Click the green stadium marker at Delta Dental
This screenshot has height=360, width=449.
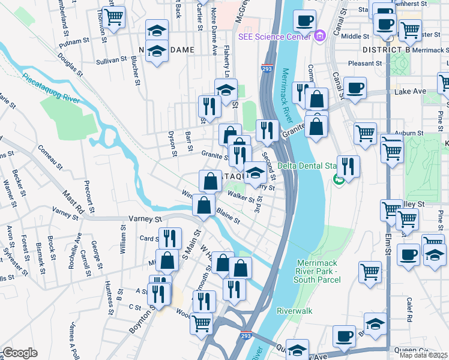coord(339,179)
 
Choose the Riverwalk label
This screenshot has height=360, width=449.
coord(295,311)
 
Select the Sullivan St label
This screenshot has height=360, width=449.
coord(111,61)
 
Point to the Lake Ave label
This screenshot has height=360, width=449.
coord(411,91)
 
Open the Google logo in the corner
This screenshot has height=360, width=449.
coord(20,353)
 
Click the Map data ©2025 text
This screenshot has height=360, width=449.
coord(424,355)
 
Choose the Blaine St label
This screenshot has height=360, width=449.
coord(229,217)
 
